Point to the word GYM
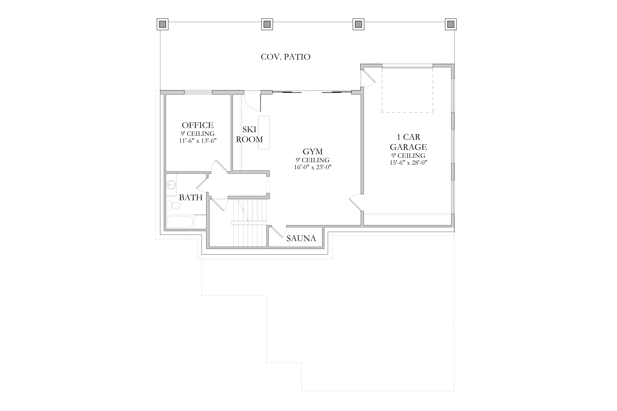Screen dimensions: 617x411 click(313, 151)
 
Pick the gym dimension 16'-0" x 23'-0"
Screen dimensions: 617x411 click(313, 167)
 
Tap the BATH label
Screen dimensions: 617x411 click(191, 197)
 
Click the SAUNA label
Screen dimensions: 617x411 click(301, 238)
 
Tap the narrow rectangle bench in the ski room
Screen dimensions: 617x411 click(264, 133)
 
